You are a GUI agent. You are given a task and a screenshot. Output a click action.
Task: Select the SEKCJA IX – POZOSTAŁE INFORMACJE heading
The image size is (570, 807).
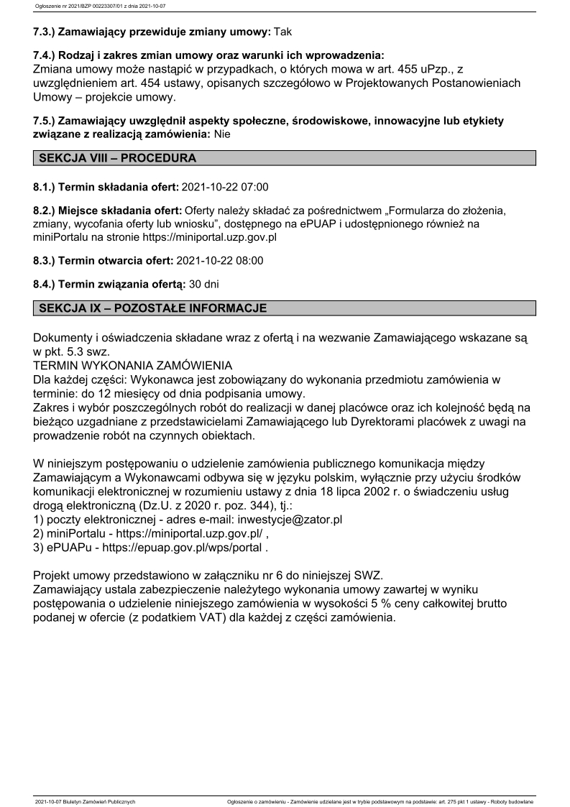point(153,308)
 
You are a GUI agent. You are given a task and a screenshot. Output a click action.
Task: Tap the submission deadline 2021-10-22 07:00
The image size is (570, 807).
point(225,188)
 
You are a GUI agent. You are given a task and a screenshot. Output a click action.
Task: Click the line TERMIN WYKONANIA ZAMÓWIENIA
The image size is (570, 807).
point(133,364)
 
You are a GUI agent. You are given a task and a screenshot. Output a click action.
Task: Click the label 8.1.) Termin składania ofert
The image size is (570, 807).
point(106,188)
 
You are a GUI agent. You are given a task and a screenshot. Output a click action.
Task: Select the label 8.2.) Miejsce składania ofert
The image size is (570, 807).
point(108,211)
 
